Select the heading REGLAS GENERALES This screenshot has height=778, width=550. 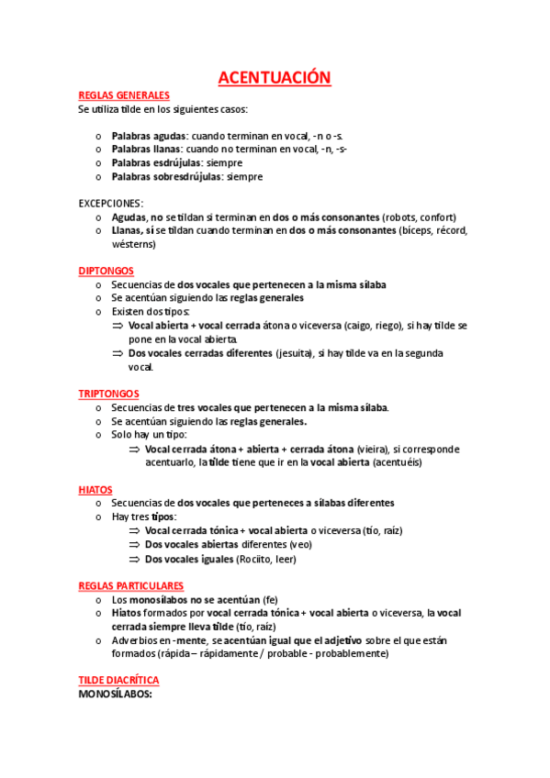[124, 95]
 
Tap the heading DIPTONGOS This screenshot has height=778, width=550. [107, 271]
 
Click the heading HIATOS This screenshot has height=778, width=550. [95, 490]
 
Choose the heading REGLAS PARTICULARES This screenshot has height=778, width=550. [131, 585]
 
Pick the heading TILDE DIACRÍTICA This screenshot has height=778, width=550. [119, 680]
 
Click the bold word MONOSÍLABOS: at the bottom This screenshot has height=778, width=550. [115, 694]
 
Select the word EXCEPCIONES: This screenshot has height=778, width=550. [111, 203]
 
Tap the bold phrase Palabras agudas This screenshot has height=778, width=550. [145, 136]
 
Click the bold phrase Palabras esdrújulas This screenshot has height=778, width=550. [152, 162]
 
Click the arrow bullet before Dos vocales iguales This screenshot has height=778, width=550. [134, 558]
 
